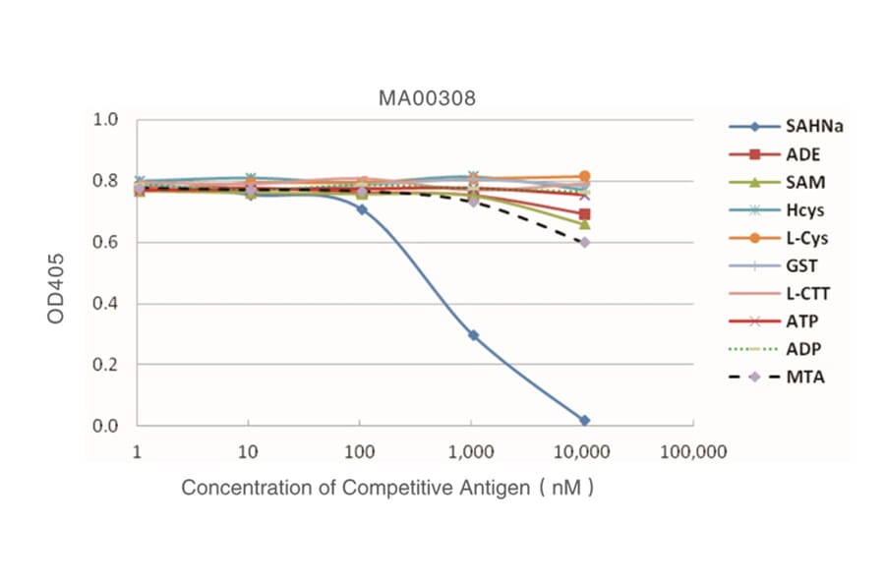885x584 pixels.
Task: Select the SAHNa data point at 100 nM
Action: [361, 209]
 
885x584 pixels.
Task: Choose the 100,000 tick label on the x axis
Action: [693, 452]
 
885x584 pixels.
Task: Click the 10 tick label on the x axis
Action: [249, 452]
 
